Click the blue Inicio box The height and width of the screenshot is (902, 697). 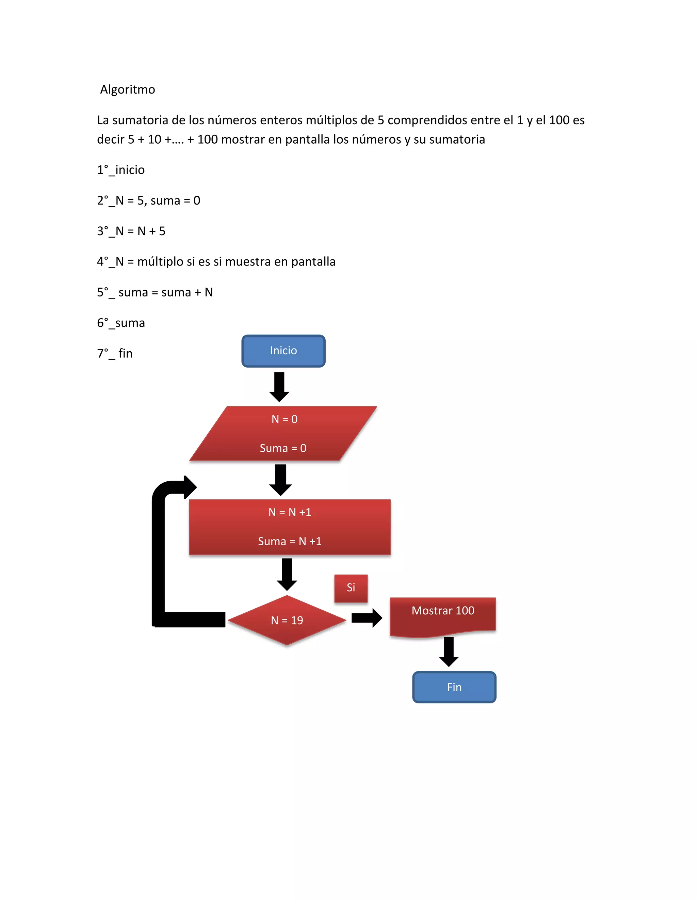(x=283, y=351)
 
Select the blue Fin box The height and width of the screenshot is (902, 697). (x=454, y=687)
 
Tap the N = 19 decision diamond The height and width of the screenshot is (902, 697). (x=287, y=620)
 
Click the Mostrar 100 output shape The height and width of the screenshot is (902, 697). (x=443, y=615)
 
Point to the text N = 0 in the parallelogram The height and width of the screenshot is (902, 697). (x=285, y=419)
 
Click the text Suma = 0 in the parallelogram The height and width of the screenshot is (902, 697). (x=283, y=448)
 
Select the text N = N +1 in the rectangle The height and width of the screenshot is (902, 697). (x=290, y=512)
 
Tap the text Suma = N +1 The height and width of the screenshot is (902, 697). (x=290, y=541)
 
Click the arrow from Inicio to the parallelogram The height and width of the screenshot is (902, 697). (x=279, y=387)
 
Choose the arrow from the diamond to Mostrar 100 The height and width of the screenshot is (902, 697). (x=367, y=618)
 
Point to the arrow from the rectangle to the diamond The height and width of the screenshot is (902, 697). (x=287, y=574)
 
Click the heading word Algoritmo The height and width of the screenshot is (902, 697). (x=128, y=89)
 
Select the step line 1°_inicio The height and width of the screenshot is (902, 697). (x=121, y=170)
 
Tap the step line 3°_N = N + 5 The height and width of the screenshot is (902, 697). (x=131, y=231)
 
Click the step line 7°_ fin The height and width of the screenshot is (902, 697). (x=115, y=353)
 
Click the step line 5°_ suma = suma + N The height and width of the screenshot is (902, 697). (x=155, y=292)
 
